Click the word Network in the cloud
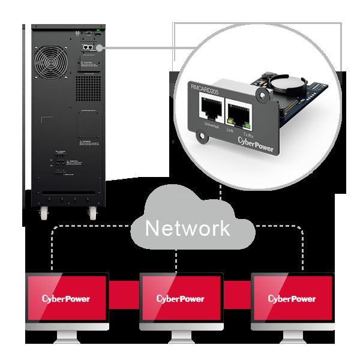(187, 228)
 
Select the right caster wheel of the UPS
(92, 213)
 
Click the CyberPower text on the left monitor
(66, 299)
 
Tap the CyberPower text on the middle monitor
(180, 299)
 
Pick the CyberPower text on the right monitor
(292, 299)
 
